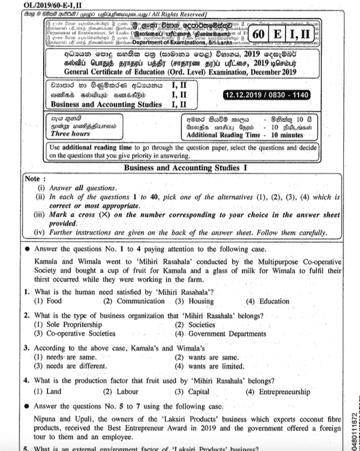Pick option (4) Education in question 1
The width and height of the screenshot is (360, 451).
click(268, 302)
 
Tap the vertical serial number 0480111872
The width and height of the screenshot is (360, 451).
click(354, 427)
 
